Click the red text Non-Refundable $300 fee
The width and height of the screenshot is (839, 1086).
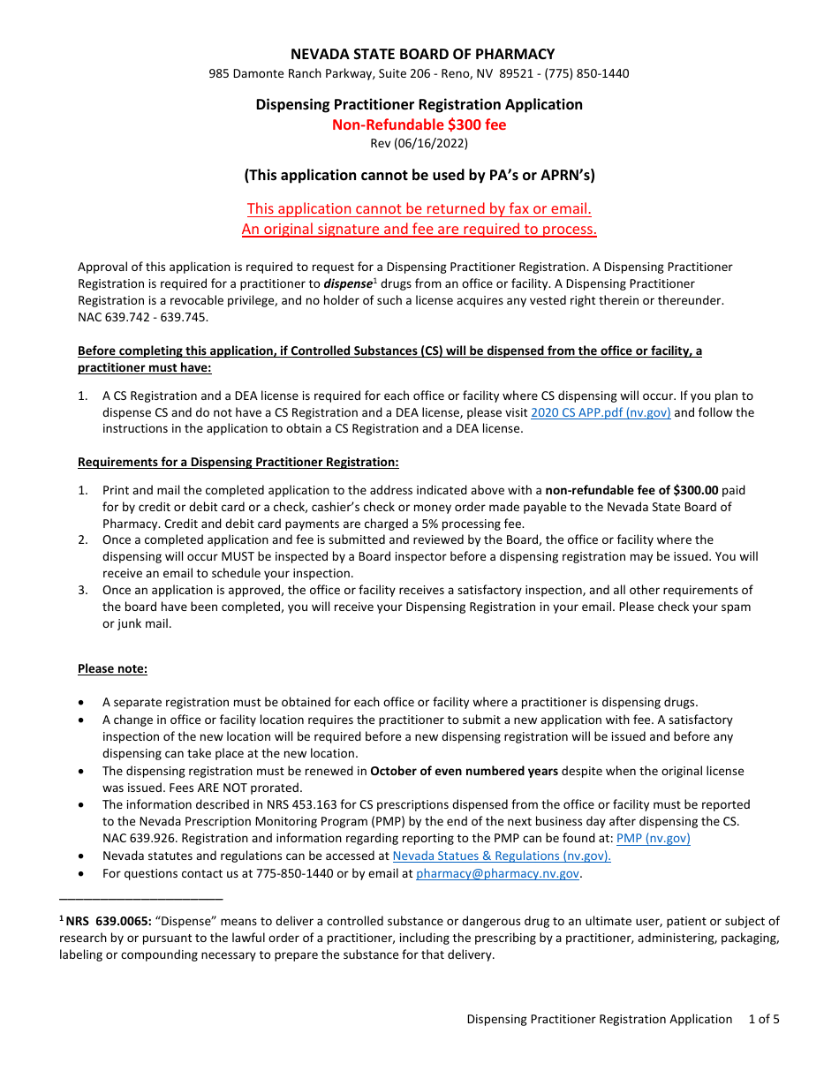point(419,124)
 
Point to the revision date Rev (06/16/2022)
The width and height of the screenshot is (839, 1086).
point(419,143)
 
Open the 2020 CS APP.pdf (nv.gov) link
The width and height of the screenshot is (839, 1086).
point(601,412)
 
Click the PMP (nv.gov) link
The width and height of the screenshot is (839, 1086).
point(653,839)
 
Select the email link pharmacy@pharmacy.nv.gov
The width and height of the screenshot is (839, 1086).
point(497,873)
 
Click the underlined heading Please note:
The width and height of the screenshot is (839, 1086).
point(112,668)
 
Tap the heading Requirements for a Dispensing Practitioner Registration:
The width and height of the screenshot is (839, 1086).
point(238,462)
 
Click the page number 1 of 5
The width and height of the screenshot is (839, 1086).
point(763,1019)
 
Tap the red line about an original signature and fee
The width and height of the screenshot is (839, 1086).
point(419,230)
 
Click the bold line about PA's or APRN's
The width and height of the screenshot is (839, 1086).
point(419,175)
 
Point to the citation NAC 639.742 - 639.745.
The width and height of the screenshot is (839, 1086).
point(143,318)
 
